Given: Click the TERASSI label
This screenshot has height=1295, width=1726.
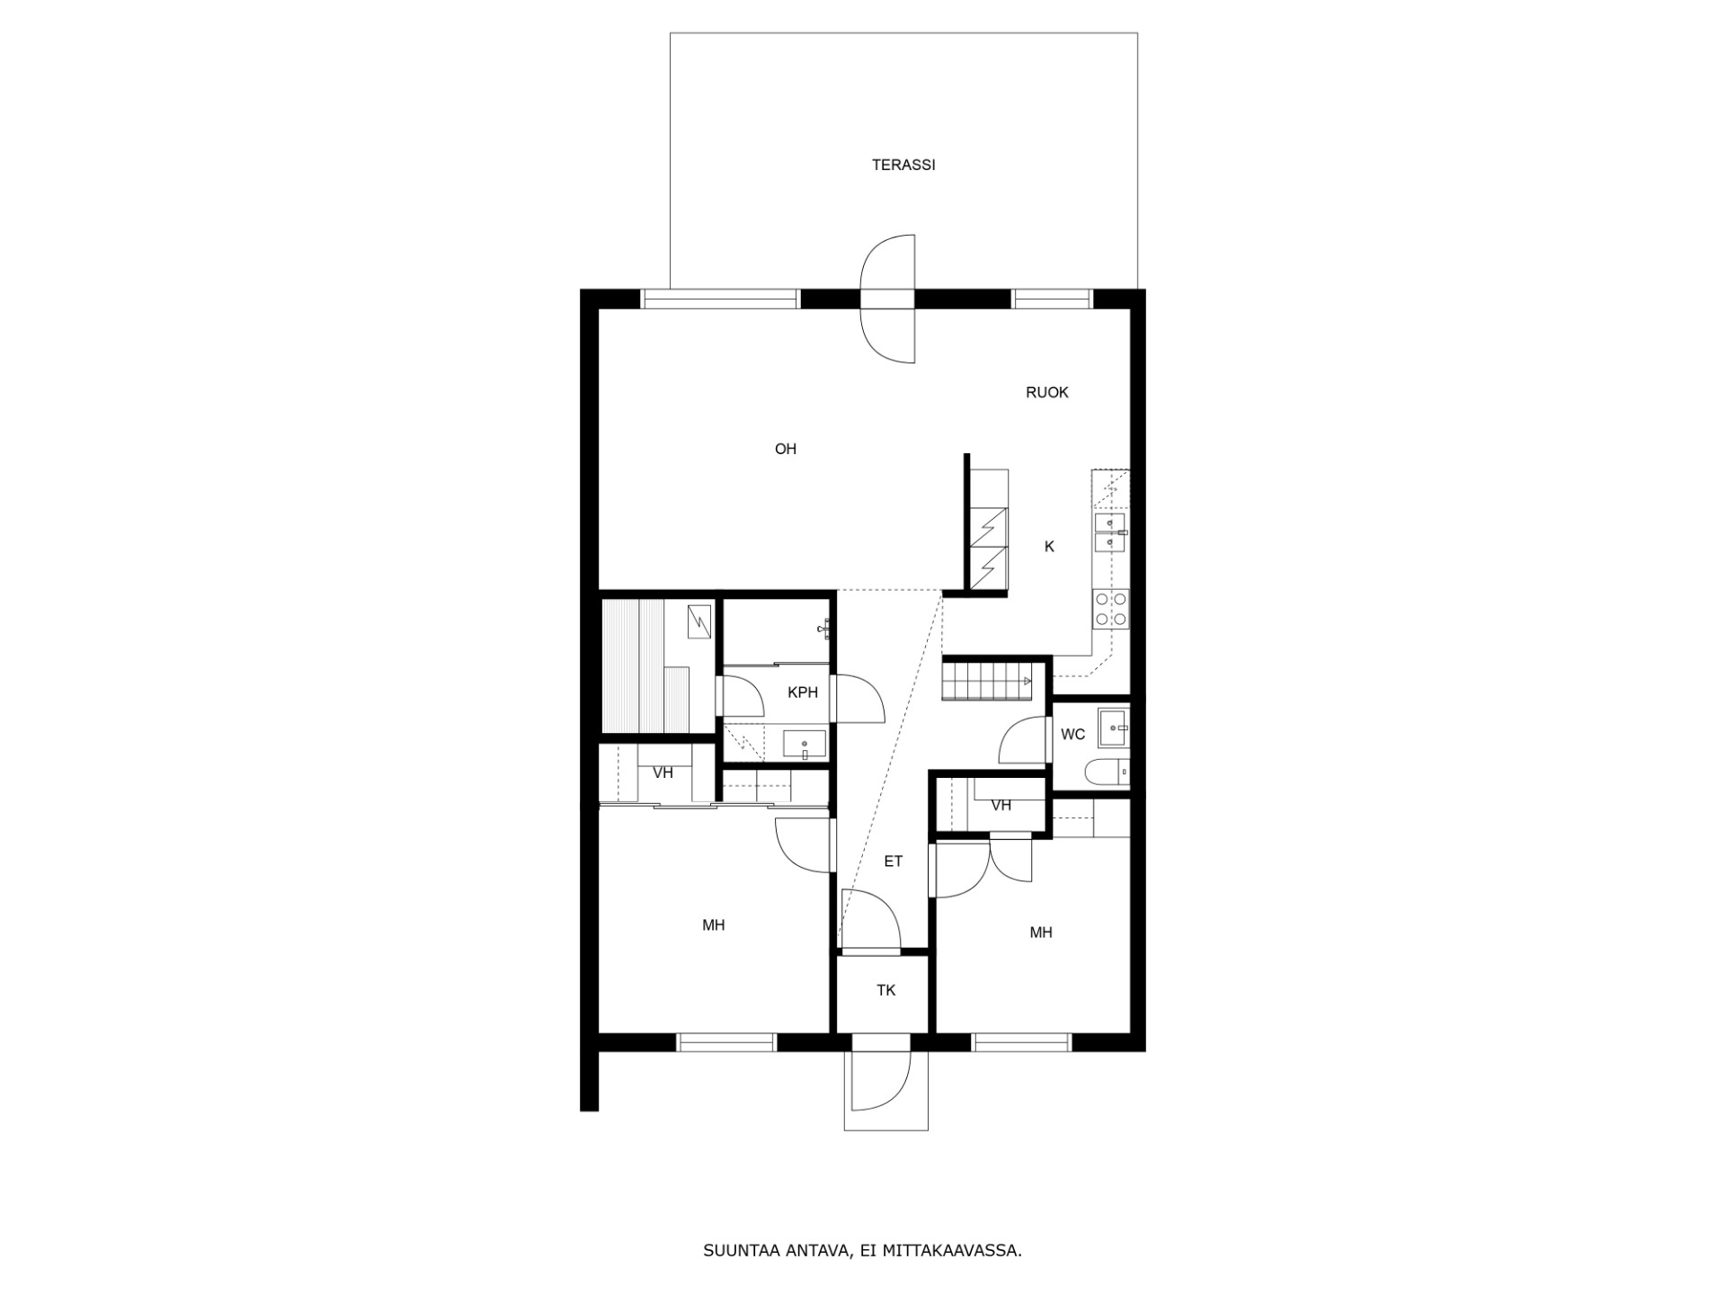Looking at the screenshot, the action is coord(903,165).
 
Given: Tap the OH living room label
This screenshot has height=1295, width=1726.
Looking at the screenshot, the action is coord(786,449).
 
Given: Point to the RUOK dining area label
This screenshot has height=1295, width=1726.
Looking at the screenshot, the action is coord(1047,392).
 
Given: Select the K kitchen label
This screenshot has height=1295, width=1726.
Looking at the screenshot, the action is coord(1049,547).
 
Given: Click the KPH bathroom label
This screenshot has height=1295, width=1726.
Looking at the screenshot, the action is coord(803,692).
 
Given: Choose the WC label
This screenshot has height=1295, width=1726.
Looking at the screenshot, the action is coord(1073,735).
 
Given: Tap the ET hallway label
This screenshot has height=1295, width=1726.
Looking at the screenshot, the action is coord(893,862).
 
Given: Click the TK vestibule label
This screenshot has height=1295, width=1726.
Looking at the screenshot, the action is coord(886,990).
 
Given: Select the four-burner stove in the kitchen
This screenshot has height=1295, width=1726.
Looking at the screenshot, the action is coord(1111,609).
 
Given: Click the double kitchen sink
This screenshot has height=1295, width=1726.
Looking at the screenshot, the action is coord(1111,532).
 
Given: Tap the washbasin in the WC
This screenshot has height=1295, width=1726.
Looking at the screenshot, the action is coord(1114,728).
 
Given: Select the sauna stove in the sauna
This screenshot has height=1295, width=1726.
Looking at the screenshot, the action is coord(698,621).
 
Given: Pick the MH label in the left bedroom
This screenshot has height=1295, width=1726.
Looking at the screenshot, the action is coord(714,925).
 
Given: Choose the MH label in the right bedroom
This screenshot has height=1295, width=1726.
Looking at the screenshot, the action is coord(1041,933).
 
